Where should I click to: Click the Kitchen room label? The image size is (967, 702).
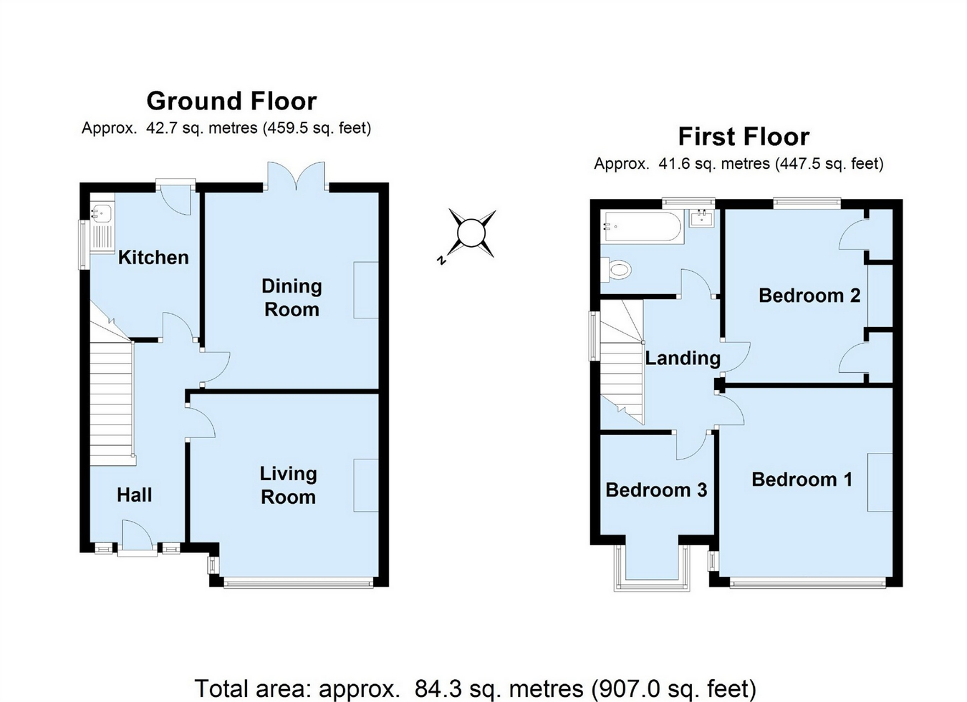pyautogui.click(x=153, y=258)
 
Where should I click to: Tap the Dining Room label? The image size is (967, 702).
pyautogui.click(x=292, y=298)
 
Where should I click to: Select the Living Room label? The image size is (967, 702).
pyautogui.click(x=288, y=485)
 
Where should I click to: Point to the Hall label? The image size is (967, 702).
pyautogui.click(x=134, y=495)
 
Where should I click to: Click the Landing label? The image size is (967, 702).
pyautogui.click(x=683, y=358)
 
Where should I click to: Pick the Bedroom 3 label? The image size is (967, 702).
pyautogui.click(x=656, y=490)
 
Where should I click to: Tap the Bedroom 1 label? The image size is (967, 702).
pyautogui.click(x=802, y=479)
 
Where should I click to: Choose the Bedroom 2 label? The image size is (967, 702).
pyautogui.click(x=809, y=296)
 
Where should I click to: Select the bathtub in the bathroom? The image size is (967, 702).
pyautogui.click(x=643, y=226)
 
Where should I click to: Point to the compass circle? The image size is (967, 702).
pyautogui.click(x=471, y=234)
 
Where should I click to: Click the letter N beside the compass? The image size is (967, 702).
pyautogui.click(x=441, y=260)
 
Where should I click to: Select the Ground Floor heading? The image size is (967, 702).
pyautogui.click(x=232, y=101)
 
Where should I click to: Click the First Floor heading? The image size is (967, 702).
pyautogui.click(x=744, y=137)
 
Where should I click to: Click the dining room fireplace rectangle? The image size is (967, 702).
pyautogui.click(x=366, y=291)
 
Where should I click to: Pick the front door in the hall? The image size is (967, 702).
pyautogui.click(x=138, y=537)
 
